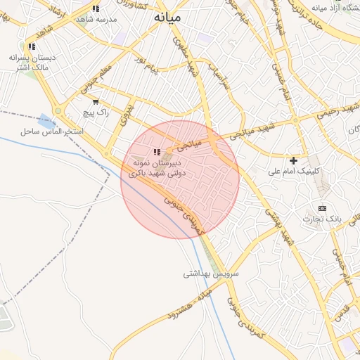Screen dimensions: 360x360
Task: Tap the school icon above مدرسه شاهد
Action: [96, 8]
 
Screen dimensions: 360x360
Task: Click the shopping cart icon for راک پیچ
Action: [96, 101]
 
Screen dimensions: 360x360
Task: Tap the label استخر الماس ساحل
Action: [53, 131]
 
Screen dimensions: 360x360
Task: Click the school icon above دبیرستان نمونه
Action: [157, 152]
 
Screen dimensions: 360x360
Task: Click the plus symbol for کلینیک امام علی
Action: [294, 160]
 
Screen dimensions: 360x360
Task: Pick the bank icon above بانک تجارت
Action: [322, 208]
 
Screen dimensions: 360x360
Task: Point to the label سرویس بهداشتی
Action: [211, 273]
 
